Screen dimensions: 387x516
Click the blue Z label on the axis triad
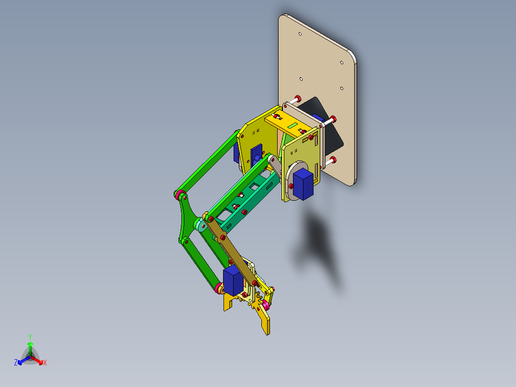pos(16,363)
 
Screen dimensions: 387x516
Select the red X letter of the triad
pos(45,363)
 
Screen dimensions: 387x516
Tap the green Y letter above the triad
pos(30,337)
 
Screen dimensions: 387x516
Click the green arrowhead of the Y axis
pos(30,344)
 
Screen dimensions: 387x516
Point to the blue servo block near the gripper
pos(233,281)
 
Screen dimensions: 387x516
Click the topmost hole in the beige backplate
pos(300,34)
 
